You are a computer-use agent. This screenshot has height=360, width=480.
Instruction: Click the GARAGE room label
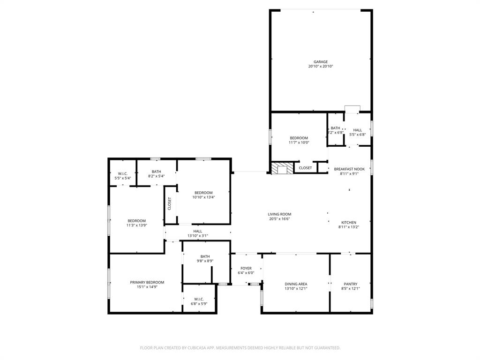321,62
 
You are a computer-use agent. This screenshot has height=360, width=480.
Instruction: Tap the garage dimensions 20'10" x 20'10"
321,67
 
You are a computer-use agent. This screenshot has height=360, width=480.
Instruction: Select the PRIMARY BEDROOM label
147,282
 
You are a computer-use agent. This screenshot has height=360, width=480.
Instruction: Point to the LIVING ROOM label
280,214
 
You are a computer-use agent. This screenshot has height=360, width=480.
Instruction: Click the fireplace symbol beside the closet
282,169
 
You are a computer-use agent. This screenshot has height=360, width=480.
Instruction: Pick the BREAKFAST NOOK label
349,169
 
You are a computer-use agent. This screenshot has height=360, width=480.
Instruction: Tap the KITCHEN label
349,223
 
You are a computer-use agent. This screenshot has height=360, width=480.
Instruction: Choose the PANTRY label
351,284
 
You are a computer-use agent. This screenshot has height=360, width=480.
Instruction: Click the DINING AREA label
296,284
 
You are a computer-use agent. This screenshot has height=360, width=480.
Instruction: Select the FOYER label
246,269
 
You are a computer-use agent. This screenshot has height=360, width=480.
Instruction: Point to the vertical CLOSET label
170,203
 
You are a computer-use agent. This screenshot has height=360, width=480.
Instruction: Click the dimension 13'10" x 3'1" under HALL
198,236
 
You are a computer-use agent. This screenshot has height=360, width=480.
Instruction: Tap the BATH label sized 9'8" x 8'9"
205,256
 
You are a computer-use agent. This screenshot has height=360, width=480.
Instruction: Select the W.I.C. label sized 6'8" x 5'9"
199,299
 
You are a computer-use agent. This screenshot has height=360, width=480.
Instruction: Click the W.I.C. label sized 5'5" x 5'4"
123,173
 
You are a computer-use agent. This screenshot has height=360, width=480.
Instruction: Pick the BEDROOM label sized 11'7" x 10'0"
299,138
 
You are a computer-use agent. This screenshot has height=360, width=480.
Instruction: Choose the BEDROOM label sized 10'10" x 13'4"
203,193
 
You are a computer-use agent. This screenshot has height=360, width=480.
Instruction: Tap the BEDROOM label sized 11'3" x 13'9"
137,221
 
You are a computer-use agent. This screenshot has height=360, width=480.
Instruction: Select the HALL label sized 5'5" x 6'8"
358,130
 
